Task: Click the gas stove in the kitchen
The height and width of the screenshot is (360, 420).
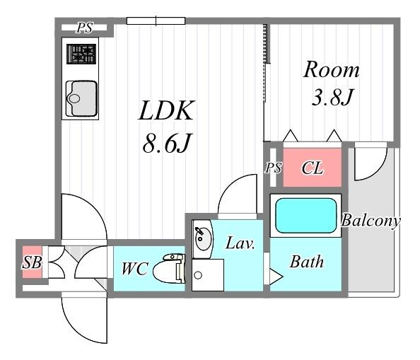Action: pos(81,54)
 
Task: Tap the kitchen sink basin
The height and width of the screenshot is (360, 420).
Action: pos(81,98)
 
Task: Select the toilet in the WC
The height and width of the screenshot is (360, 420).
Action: pos(170,269)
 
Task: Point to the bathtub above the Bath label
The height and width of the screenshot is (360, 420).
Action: pos(305,216)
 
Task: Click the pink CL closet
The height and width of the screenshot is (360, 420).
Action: pos(313,168)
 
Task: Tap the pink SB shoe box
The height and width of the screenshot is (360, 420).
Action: pos(32,262)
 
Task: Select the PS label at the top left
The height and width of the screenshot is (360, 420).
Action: pos(84,28)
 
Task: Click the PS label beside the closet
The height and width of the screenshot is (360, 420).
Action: pos(273,168)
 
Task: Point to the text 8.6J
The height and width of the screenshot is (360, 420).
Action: pos(167,144)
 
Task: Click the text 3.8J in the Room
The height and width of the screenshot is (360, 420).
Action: pos(332,97)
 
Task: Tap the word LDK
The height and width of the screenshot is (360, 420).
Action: pos(166,110)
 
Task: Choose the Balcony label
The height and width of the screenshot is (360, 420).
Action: pos(371,221)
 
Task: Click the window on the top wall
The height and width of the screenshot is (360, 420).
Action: pos(156,21)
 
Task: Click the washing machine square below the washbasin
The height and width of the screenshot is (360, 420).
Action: pos(208,275)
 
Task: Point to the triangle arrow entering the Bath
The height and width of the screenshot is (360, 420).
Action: pos(276,276)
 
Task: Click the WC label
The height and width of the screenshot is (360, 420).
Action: pos(134,269)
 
